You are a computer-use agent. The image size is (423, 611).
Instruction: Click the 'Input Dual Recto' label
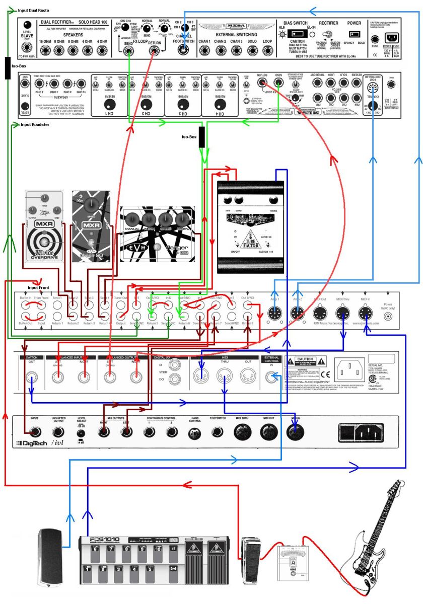tap(33, 10)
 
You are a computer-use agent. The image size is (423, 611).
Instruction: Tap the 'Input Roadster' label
tap(35, 124)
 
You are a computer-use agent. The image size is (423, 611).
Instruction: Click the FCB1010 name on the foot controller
tap(105, 540)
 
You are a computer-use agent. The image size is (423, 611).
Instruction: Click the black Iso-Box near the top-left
tap(8, 68)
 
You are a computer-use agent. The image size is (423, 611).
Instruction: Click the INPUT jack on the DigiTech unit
tap(35, 431)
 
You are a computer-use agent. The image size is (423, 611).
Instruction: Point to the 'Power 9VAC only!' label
tap(388, 307)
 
